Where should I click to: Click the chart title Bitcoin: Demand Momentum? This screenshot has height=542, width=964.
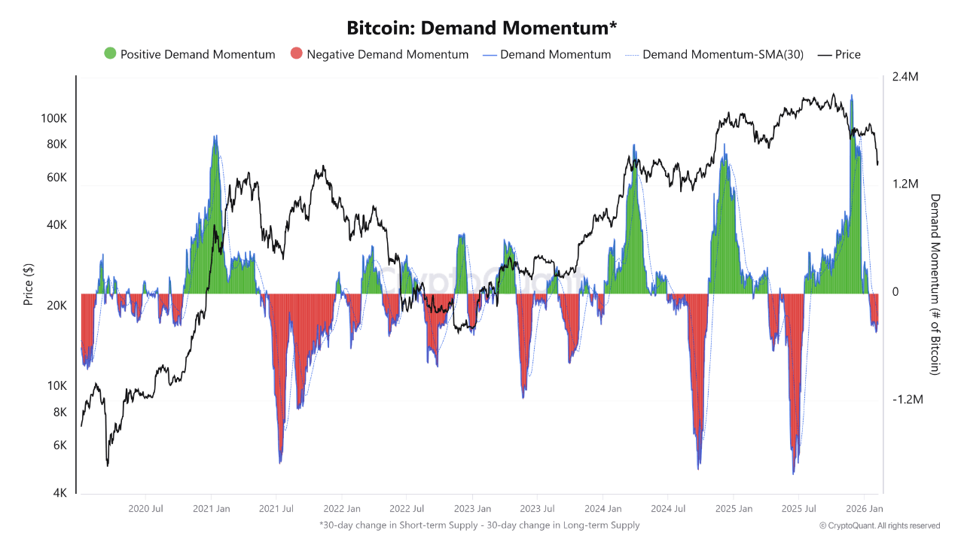(481, 28)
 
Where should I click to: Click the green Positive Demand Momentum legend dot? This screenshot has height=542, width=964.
(110, 54)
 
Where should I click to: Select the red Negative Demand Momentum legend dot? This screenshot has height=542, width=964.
(296, 54)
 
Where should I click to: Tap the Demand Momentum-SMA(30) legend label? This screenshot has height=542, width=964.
(722, 54)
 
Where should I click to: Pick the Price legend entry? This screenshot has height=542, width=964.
(847, 54)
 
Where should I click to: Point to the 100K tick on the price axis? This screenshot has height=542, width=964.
(54, 119)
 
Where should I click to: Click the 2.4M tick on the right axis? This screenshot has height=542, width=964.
(906, 77)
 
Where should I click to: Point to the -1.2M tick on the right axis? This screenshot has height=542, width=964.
(907, 400)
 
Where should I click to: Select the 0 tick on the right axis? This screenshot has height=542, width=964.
(895, 292)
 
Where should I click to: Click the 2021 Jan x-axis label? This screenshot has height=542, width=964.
(212, 509)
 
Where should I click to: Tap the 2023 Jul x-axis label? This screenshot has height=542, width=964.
(538, 509)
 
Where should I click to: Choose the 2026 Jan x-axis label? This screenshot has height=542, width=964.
(865, 509)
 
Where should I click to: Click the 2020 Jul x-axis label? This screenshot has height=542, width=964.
(146, 509)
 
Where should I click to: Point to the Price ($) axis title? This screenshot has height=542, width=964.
(29, 285)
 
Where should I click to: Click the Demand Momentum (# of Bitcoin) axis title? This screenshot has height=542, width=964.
(935, 285)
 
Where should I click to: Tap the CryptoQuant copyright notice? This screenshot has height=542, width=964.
(880, 525)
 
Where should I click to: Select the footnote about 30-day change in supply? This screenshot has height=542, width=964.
(479, 525)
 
